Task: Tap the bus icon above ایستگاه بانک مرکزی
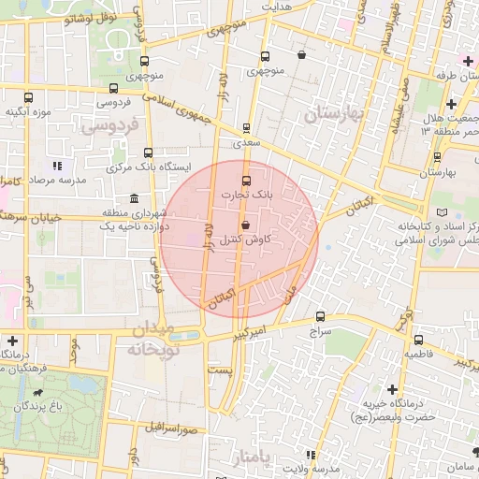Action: point(148,152)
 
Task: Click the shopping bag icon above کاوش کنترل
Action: point(245,225)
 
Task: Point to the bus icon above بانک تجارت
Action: point(247,181)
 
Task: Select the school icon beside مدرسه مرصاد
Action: point(57,166)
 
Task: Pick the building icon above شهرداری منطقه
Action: point(135,199)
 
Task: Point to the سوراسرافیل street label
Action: point(173,428)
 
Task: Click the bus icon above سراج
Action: point(321,317)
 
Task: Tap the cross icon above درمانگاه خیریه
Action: point(391,388)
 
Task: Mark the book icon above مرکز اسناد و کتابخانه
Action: point(429,213)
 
